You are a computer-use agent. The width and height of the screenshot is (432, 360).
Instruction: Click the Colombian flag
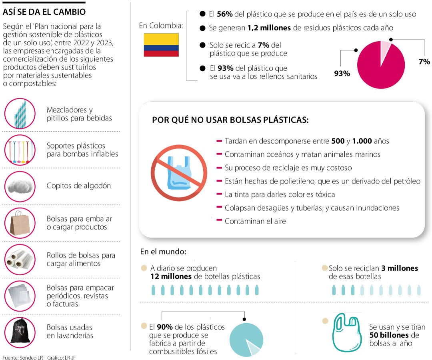[161, 45]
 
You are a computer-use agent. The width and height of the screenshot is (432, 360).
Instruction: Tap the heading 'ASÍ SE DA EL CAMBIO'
[44, 12]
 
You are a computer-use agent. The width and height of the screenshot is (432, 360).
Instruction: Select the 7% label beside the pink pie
[424, 62]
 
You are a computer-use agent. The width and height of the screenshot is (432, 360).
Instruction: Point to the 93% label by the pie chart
[342, 73]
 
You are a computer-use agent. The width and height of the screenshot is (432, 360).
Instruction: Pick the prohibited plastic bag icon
[179, 172]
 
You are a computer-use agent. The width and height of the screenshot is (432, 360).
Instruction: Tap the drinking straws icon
[20, 114]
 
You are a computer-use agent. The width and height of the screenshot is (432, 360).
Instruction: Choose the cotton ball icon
[20, 186]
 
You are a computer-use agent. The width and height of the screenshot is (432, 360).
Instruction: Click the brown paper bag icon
[20, 223]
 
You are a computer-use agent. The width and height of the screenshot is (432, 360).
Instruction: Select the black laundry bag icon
[20, 332]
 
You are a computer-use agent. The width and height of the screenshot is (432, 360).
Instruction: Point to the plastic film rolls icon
[20, 259]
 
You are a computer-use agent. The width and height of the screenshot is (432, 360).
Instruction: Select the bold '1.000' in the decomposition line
[362, 141]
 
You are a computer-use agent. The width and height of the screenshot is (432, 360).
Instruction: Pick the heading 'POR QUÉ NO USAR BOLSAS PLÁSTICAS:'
[230, 120]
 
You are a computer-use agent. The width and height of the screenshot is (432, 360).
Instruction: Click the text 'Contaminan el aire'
[255, 221]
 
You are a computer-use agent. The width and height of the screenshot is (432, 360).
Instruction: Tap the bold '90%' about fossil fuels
[165, 327]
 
